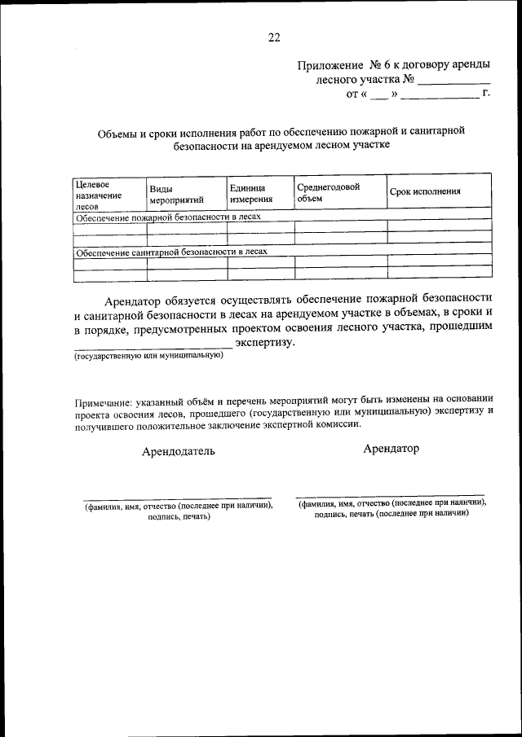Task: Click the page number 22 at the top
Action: [273, 37]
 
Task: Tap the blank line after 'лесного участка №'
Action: [453, 82]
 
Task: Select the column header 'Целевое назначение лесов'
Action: [98, 195]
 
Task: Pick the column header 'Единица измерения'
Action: [250, 194]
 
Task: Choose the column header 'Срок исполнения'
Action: [425, 192]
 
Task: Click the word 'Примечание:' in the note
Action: [106, 399]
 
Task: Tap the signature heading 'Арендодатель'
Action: [179, 450]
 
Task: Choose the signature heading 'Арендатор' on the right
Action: [391, 449]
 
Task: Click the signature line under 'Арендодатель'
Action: [177, 498]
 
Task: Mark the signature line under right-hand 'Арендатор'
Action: [390, 494]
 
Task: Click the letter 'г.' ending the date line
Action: [486, 95]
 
